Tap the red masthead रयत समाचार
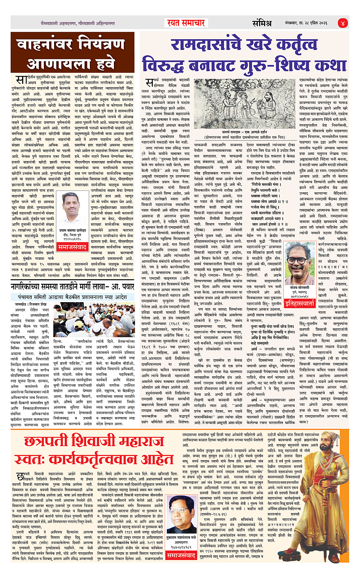pos(186,23)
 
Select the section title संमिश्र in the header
pos(262,23)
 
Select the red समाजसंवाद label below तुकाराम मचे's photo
pos(181,556)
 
